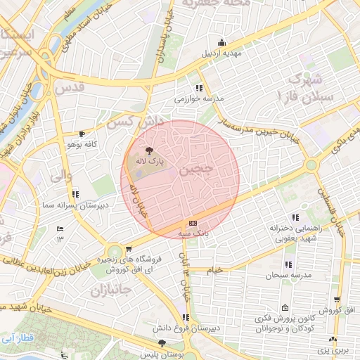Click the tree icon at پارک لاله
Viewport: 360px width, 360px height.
tap(148, 150)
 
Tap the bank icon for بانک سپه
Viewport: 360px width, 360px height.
tap(193, 223)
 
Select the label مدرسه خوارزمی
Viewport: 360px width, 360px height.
tap(199, 99)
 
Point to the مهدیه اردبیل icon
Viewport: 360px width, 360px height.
tap(222, 42)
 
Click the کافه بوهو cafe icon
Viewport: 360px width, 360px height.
tap(82, 134)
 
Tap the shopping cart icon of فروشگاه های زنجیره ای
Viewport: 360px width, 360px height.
tap(129, 248)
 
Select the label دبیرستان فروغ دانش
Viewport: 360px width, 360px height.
tap(185, 328)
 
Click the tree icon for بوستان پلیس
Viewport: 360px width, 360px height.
tap(162, 343)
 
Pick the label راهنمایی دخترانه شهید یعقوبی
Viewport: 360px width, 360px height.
tap(295, 233)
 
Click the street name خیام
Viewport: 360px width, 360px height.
tap(214, 270)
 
